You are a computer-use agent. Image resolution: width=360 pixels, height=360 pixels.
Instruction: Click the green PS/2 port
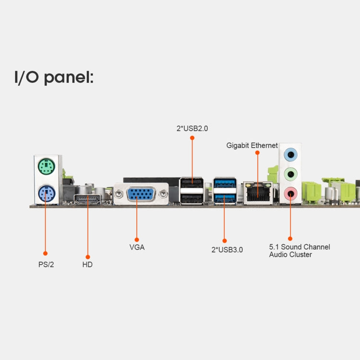pos(46,168)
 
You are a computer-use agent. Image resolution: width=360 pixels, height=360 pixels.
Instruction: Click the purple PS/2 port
pos(46,195)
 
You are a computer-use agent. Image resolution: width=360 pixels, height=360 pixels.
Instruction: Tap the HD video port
pos(88,200)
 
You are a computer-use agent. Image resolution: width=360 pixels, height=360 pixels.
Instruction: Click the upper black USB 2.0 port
pos(192,183)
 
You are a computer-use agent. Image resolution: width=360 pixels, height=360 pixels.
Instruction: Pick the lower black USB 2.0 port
pos(192,197)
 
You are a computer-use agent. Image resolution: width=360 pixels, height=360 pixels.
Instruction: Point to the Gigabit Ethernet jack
pos(256,193)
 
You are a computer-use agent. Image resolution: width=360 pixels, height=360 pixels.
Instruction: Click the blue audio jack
pos(290,155)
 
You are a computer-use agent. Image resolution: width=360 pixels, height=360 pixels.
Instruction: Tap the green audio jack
pos(290,174)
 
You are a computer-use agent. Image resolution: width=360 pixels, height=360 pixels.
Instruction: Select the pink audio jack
pos(290,193)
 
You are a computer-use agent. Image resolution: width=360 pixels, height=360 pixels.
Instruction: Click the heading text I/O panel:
pos(54,77)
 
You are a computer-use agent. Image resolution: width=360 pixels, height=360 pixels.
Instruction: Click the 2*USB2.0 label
pos(192,128)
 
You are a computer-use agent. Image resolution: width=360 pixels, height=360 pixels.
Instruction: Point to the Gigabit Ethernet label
pos(252,145)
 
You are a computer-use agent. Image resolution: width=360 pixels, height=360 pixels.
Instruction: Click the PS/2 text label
pos(46,264)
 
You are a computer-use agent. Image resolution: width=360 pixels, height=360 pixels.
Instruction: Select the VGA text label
pos(137,248)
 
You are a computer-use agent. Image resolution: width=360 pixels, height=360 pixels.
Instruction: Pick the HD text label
pos(87,264)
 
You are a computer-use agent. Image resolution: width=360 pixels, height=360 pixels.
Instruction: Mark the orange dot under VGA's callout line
pos(137,239)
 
